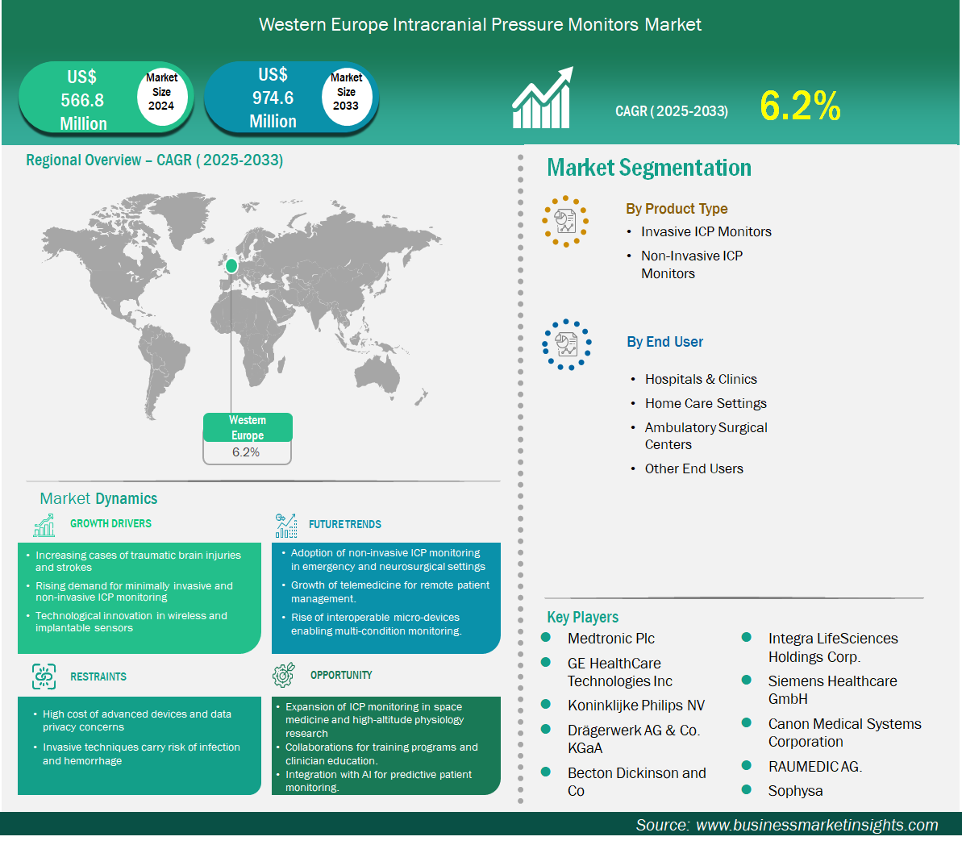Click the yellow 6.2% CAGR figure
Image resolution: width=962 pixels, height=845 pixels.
800,106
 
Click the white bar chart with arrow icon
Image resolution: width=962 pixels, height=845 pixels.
543,98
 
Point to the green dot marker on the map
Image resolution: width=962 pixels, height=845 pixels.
231,266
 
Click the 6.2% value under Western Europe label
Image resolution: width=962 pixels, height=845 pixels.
246,452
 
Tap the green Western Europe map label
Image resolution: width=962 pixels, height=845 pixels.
248,427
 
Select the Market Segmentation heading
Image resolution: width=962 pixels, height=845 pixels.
649,168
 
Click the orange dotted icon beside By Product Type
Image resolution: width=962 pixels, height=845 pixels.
565,222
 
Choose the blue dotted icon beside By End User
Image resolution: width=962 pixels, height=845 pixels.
566,345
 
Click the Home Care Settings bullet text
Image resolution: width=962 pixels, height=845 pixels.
706,403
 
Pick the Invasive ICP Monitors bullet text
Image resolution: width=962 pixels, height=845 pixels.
706,231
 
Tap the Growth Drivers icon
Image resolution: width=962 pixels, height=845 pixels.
44,525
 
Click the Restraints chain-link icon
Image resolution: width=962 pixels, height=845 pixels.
44,676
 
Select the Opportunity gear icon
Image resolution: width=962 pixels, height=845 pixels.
284,675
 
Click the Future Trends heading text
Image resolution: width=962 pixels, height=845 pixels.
345,524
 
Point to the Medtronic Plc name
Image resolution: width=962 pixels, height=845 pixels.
611,639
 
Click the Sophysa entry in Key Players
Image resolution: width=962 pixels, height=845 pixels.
795,790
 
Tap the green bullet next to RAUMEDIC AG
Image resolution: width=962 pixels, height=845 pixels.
747,765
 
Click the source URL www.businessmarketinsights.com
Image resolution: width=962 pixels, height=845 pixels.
817,825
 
